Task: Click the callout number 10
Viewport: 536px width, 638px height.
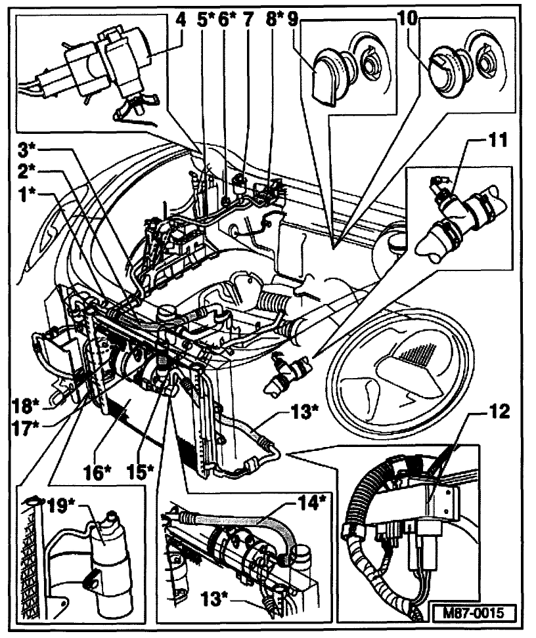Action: click(407, 20)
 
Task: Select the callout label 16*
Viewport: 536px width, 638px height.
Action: click(106, 471)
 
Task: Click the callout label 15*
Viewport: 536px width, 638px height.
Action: click(142, 471)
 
